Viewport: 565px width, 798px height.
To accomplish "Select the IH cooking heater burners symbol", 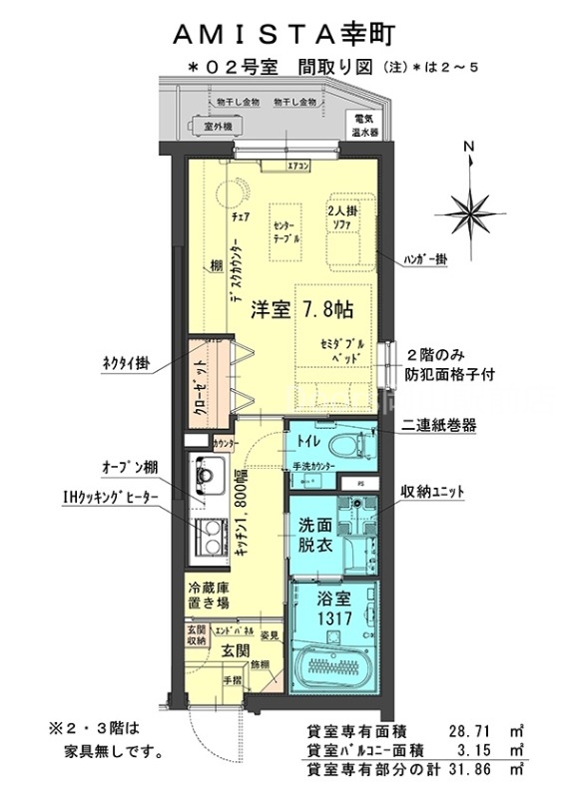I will coord(212,538).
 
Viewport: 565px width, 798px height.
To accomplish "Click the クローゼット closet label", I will coord(201,383).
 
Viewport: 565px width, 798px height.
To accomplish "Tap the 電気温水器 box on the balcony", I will coord(361,123).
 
